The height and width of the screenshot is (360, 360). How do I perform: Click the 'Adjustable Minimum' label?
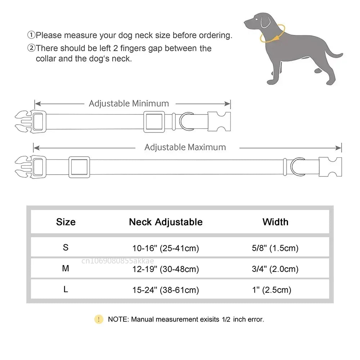(129, 104)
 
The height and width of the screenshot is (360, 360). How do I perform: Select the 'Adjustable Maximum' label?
(185, 147)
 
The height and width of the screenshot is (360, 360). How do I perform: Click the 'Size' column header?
(66, 222)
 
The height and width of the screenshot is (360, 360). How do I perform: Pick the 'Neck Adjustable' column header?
(166, 222)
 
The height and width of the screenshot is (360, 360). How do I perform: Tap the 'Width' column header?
(275, 222)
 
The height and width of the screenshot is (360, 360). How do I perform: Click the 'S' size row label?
(66, 248)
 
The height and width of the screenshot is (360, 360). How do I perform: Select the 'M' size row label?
(66, 269)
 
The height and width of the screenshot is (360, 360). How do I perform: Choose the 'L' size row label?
(66, 289)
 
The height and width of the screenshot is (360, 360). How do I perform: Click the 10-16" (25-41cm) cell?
(166, 248)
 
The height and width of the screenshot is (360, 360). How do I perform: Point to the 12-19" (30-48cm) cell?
(166, 269)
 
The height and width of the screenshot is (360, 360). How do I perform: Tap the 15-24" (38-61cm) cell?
(166, 290)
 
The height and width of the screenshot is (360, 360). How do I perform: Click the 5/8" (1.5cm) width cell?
(275, 248)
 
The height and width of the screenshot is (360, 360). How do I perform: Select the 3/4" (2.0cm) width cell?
(275, 269)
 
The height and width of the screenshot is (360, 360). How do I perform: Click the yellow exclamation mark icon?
(99, 319)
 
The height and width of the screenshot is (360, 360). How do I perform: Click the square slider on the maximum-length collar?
(79, 167)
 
